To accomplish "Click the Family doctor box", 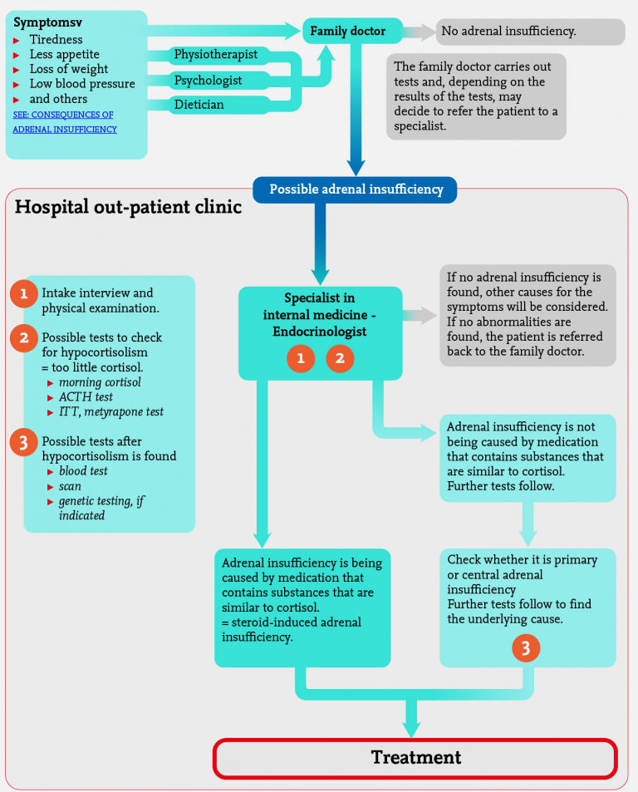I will tap(348, 32).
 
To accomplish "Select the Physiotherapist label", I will tap(215, 55).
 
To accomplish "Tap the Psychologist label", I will tap(208, 81).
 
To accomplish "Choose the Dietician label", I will tap(199, 106).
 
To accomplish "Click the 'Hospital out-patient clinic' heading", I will tap(128, 208).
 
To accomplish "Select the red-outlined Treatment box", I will tap(415, 758).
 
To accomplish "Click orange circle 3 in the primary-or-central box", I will tap(526, 647).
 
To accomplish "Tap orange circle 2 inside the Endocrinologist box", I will tap(340, 359).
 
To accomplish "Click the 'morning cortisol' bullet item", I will tap(100, 382).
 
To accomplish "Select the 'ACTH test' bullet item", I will tap(86, 397).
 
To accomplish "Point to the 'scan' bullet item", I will tap(71, 486).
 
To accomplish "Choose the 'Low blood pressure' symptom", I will tap(82, 84).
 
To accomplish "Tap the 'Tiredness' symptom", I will tap(56, 39).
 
